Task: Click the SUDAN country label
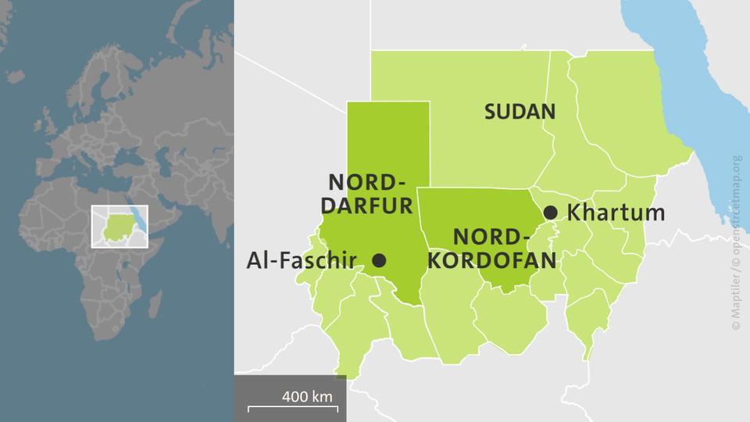(520, 111)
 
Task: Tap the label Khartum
(616, 212)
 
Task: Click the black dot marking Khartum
(551, 212)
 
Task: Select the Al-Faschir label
(302, 260)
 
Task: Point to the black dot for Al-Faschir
(379, 260)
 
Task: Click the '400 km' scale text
(307, 396)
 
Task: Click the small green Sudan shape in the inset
(117, 224)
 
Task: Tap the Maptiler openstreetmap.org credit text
(737, 242)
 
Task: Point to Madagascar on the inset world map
(155, 301)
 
